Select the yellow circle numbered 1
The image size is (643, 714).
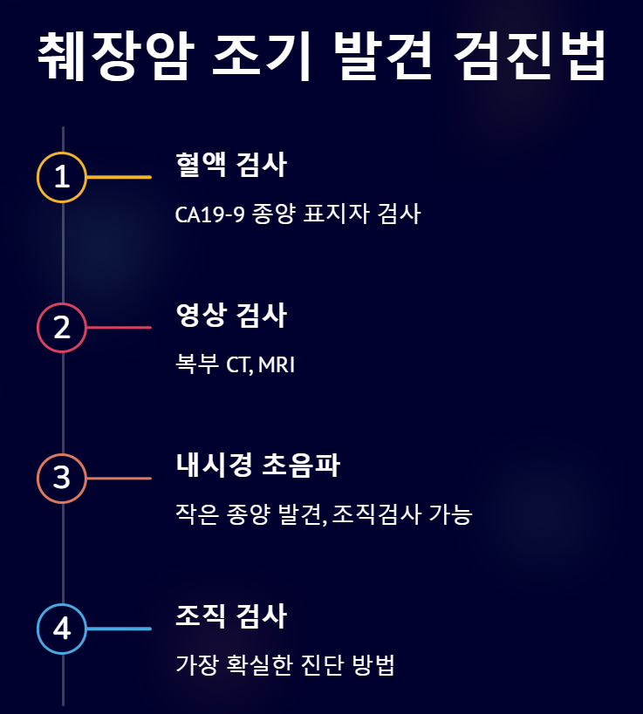62,177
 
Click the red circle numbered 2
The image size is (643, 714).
62,328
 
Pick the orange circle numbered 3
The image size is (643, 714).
62,479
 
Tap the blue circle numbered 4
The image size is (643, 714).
62,629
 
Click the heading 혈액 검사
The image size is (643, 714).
231,165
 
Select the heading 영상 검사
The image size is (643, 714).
231,316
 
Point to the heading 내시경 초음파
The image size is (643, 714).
257,466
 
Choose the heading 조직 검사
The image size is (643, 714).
231,616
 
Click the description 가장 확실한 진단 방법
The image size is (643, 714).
285,666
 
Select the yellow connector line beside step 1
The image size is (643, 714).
119,177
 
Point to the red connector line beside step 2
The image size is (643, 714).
119,328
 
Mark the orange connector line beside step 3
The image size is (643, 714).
119,479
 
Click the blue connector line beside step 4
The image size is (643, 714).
119,629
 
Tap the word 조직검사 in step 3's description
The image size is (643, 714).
375,515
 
